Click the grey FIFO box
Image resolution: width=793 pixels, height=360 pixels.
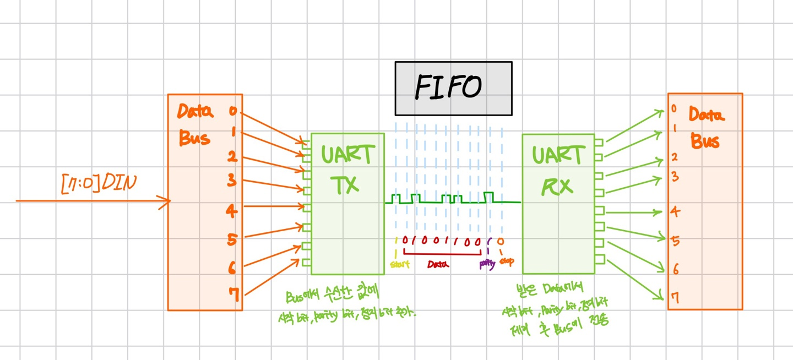click(453, 88)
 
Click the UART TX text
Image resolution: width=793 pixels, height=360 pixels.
click(347, 169)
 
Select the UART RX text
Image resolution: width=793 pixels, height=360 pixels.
click(558, 169)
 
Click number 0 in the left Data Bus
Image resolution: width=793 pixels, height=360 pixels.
click(232, 112)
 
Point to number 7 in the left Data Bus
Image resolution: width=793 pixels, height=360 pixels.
click(233, 296)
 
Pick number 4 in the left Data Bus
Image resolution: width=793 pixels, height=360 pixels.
click(231, 210)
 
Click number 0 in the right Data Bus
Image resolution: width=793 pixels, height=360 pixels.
click(673, 109)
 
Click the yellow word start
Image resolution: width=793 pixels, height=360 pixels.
click(400, 264)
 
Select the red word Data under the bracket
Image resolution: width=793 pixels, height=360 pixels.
click(438, 264)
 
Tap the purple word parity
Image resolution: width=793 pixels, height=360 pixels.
click(487, 264)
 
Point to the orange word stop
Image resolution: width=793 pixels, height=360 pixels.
click(507, 262)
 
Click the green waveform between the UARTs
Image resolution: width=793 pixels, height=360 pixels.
click(452, 200)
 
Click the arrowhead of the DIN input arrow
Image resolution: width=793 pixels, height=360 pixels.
click(167, 201)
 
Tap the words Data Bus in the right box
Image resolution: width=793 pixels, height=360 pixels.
click(705, 128)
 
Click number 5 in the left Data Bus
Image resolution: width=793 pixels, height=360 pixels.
click(232, 240)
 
